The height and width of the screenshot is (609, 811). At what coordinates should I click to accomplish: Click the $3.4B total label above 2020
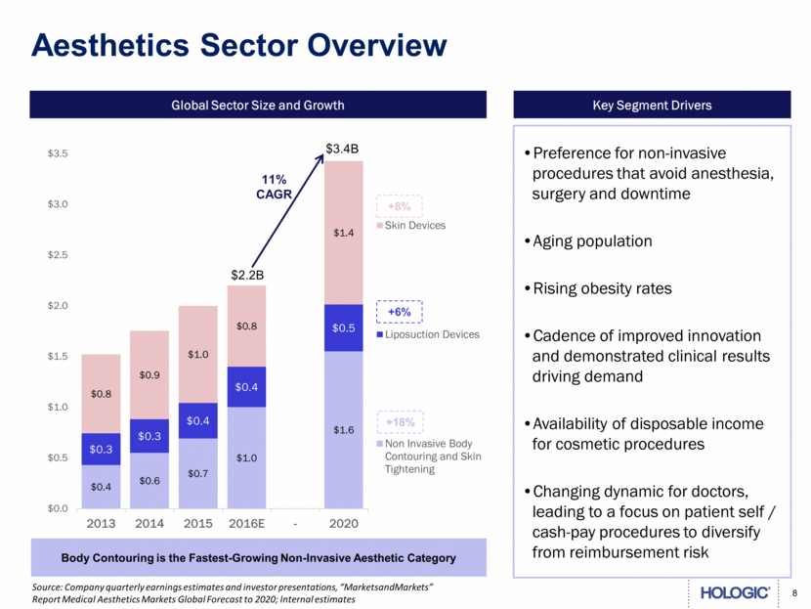(344, 150)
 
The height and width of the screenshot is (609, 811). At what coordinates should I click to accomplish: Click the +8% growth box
(398, 206)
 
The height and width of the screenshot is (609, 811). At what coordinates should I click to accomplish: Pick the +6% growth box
(398, 311)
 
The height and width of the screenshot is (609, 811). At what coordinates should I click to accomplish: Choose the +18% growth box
(399, 422)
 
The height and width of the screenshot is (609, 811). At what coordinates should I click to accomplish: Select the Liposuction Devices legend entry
(427, 334)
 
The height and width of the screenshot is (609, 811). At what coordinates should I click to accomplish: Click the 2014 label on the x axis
(150, 524)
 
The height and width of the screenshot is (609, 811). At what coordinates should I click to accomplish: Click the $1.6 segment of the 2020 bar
(344, 429)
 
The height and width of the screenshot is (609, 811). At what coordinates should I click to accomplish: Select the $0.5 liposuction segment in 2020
(344, 327)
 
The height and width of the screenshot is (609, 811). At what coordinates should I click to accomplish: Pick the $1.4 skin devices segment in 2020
(344, 233)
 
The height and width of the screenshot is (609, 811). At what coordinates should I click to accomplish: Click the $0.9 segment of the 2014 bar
(150, 374)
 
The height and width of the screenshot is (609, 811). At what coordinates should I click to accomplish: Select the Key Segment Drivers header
(653, 105)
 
